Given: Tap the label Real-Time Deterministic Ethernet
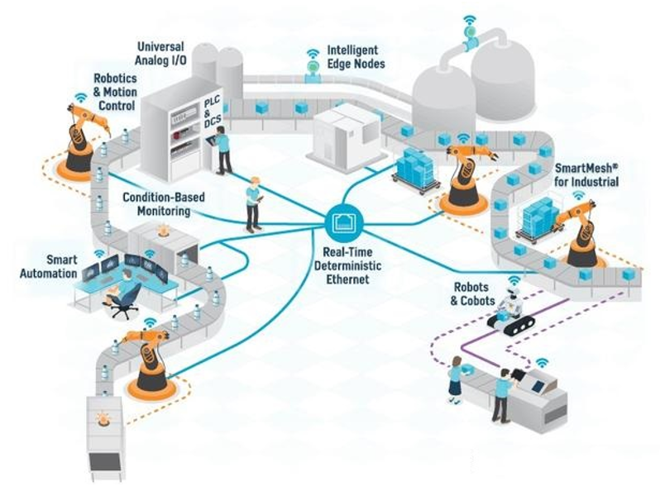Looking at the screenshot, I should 342,267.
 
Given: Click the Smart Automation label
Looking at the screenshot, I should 50,266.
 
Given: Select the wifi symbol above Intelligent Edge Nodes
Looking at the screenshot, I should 313,56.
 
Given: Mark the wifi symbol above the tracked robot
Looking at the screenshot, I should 514,281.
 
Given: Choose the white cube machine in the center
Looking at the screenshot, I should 341,137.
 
